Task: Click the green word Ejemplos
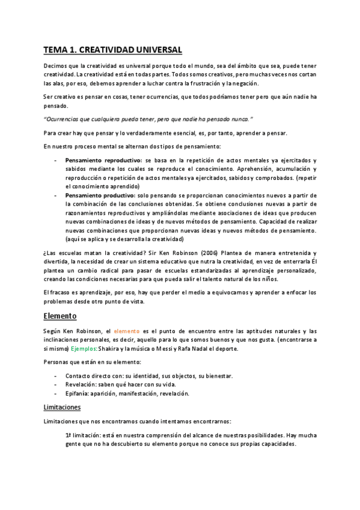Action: tap(83, 348)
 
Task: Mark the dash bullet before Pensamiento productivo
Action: tap(56, 195)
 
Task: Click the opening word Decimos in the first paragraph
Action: tap(58, 66)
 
